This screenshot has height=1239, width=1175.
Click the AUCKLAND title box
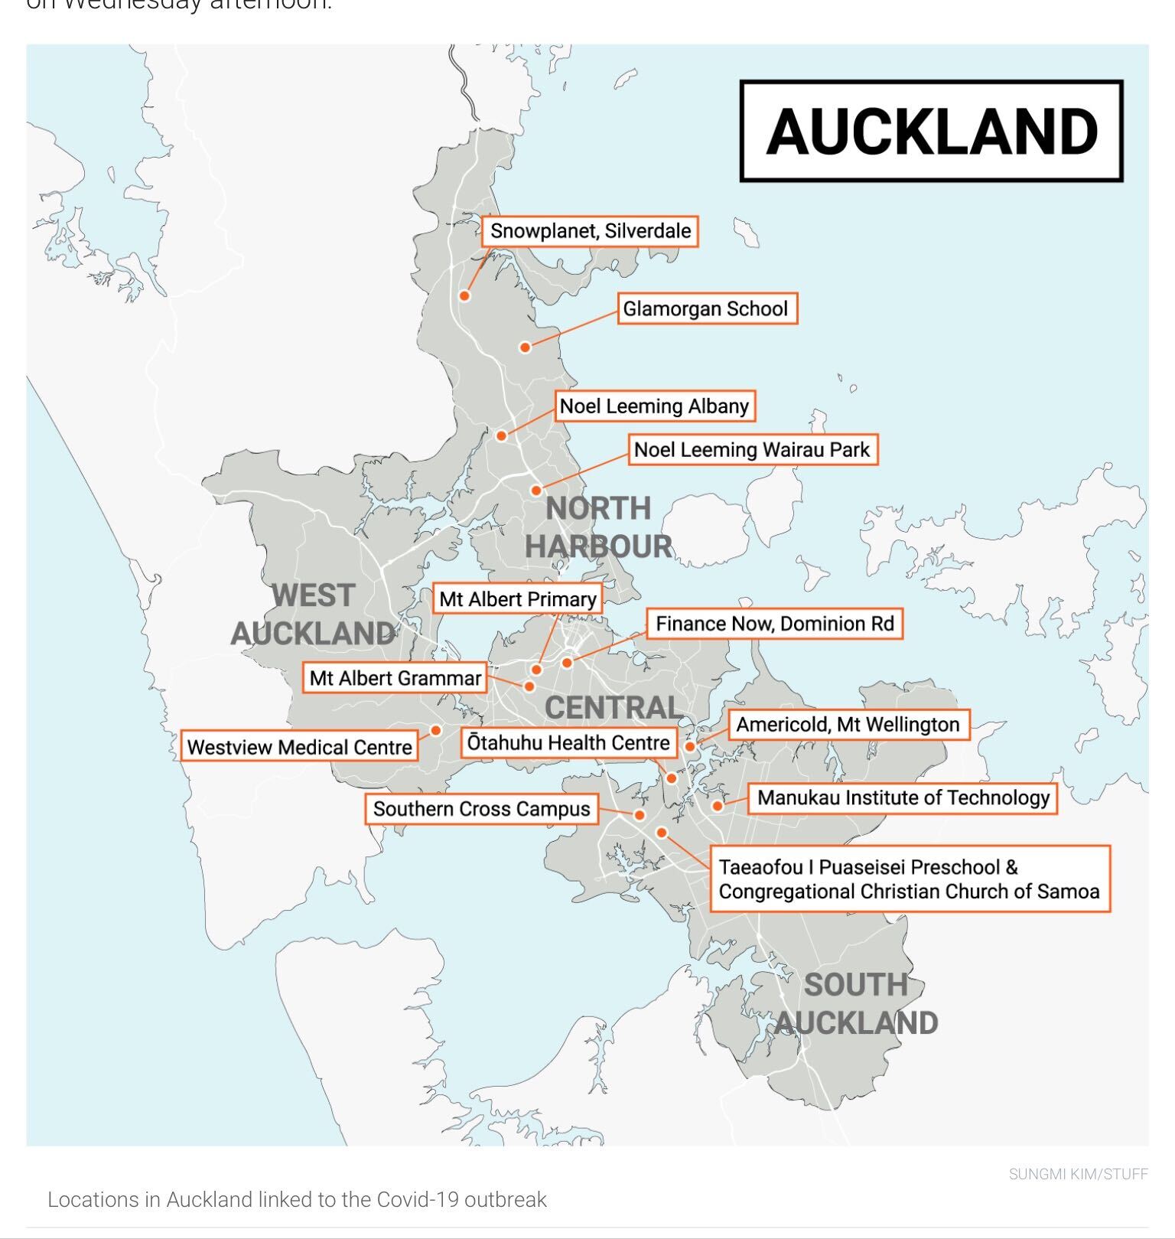coord(931,131)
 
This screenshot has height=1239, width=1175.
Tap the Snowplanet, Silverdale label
coord(590,231)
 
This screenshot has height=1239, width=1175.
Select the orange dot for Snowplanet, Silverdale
coord(464,296)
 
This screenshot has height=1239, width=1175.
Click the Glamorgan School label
coord(706,308)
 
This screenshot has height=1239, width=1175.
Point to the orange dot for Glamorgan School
coord(526,347)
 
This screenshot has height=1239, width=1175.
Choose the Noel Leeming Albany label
coord(654,406)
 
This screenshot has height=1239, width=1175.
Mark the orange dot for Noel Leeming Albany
coord(501,435)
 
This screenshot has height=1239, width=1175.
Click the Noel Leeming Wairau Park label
coord(752,449)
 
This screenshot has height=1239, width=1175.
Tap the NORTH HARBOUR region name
coord(598,527)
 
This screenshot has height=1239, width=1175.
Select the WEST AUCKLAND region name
coord(313,614)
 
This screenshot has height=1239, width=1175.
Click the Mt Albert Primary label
coord(517,599)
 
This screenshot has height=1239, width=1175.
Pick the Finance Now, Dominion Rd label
coord(774,624)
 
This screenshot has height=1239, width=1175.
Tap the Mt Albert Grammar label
coord(395,678)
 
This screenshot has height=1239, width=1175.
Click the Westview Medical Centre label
coord(299,747)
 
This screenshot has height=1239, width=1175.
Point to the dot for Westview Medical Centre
coord(436,730)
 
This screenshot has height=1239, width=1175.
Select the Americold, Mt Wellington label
coord(848,725)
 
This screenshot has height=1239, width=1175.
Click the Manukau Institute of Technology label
coord(903,797)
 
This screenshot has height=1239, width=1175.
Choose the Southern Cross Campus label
coord(481,809)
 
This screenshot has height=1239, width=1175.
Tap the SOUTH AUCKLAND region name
coord(856,1003)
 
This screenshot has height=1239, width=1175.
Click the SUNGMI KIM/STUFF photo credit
coord(1078,1174)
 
